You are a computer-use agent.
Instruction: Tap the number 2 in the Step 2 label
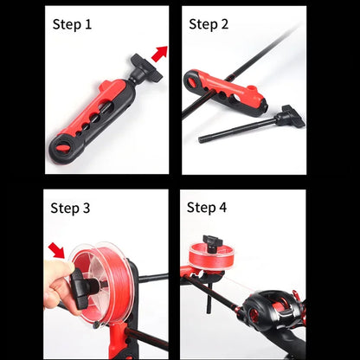coord(224,24)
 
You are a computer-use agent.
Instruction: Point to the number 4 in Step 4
coord(224,208)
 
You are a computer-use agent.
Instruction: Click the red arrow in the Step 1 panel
coord(158,54)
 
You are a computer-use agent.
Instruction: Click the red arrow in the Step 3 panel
coord(57,251)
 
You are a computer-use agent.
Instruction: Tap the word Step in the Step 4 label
coord(203,208)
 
